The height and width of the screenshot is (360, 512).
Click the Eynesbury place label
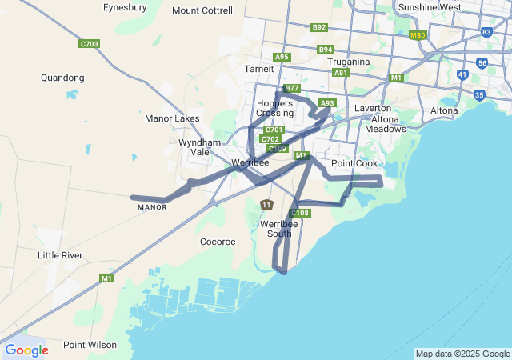[x=125, y=7]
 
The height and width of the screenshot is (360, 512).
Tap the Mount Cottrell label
[x=202, y=10]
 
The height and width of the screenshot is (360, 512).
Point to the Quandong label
[x=62, y=78]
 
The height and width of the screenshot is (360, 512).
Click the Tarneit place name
[x=258, y=69]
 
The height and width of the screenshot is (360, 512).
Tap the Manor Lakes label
[x=172, y=118]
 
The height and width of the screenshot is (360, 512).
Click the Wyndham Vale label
[x=194, y=147]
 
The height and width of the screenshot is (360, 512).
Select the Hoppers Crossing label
[x=274, y=108]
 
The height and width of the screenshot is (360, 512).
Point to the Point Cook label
[x=354, y=163]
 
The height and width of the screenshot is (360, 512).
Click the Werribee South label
[x=279, y=229]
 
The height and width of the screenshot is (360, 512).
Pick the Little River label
[x=60, y=255]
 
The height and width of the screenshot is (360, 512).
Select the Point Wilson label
[x=90, y=345]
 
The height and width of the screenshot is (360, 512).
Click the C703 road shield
[x=90, y=43]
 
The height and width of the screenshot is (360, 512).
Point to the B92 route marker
[x=319, y=27]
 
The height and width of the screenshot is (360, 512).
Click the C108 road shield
[x=301, y=213]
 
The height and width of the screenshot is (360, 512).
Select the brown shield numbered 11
[x=266, y=206]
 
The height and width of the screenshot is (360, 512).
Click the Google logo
[x=26, y=350]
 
